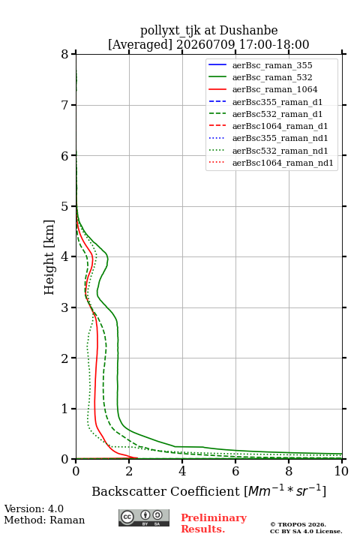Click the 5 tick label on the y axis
pos(65,206)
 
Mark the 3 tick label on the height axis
pos(65,307)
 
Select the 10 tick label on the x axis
pos(341,471)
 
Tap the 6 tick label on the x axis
pos(235,471)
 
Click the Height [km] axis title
pos(49,257)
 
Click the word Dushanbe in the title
pos(248,31)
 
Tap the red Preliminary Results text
pos(214,523)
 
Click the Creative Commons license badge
pos(144,517)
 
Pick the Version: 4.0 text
pos(34,508)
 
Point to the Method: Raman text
pos(44,520)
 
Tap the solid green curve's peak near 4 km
pos(108,258)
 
